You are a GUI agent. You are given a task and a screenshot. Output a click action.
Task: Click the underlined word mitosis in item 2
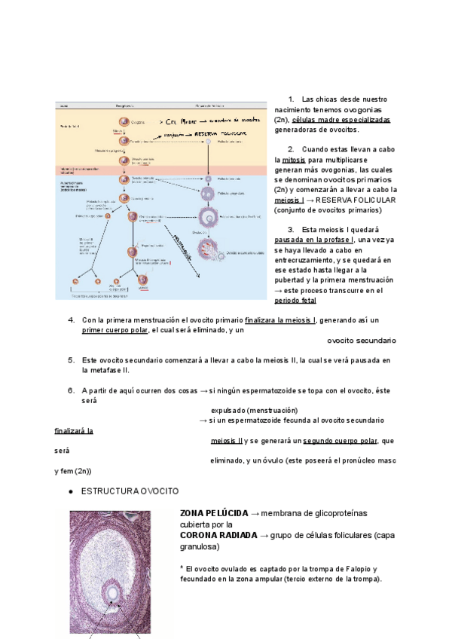click(x=293, y=161)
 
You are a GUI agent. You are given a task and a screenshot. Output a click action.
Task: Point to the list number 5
click(x=71, y=360)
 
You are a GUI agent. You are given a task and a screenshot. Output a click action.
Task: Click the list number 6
click(x=71, y=390)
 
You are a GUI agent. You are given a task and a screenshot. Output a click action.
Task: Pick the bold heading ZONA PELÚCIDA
click(x=213, y=513)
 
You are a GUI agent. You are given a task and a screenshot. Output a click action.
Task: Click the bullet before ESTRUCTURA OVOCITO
click(x=70, y=491)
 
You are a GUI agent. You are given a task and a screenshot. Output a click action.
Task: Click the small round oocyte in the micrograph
click(x=113, y=594)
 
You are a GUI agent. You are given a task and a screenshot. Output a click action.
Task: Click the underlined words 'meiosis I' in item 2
click(x=290, y=200)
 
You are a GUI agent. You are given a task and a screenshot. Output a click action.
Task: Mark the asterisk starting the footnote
click(x=182, y=568)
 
